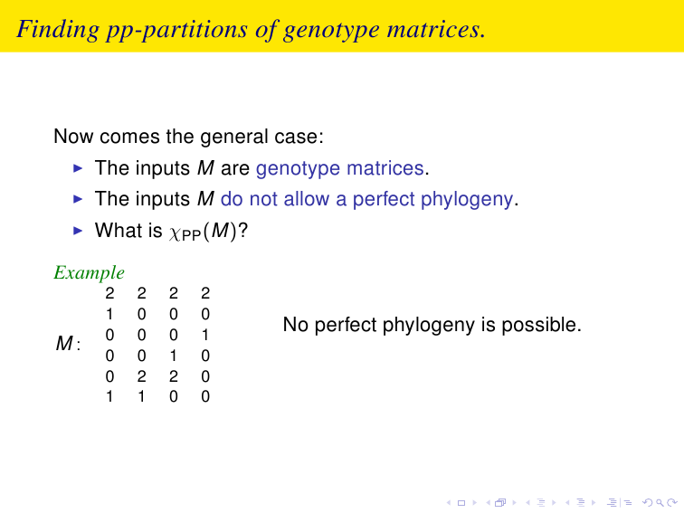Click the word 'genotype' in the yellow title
(331, 31)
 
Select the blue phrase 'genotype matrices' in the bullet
(340, 169)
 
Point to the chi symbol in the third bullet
(175, 233)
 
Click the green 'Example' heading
(89, 273)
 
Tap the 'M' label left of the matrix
(64, 343)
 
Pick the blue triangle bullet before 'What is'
(78, 231)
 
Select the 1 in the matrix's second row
(109, 314)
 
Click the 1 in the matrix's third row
(205, 335)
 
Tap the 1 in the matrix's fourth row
(173, 356)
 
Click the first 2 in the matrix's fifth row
(141, 376)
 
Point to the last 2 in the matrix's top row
(205, 293)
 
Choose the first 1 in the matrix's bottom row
(109, 396)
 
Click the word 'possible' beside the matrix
(541, 326)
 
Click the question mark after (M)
(242, 230)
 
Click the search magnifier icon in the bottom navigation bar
(660, 503)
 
